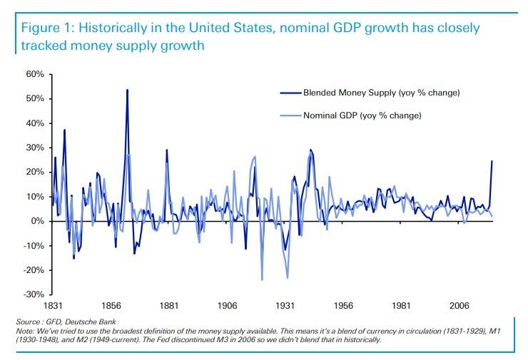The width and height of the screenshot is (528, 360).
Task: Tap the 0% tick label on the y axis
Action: coord(37,221)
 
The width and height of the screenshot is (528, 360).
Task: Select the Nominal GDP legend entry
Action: coord(363,115)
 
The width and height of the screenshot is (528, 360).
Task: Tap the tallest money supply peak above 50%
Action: coord(127,90)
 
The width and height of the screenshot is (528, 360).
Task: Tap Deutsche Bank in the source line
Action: coord(95,322)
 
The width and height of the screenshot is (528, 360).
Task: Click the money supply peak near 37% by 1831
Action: coord(64,130)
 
